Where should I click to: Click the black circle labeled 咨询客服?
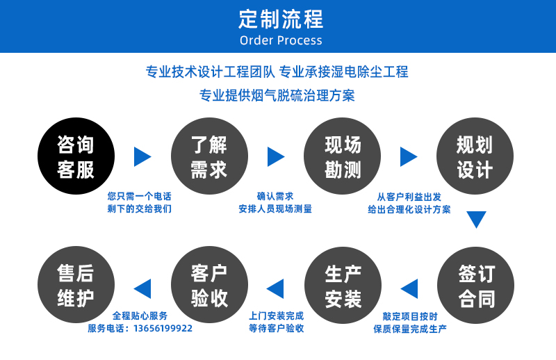tap(76, 156)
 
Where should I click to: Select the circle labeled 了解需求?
tap(209, 156)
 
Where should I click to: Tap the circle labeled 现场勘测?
tap(342, 156)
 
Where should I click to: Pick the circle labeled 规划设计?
tap(475, 156)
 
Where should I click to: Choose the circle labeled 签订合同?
tap(475, 285)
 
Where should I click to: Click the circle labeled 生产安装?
tap(343, 285)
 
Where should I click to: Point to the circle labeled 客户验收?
tap(209, 285)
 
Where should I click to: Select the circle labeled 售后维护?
tap(76, 285)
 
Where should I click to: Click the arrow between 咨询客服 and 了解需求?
tap(142, 157)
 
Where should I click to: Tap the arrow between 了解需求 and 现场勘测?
tap(276, 157)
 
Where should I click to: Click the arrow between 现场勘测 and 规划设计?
tap(409, 157)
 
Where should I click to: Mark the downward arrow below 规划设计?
tap(476, 220)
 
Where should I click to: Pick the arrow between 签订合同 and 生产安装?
tap(409, 288)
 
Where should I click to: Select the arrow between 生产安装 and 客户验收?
tap(275, 288)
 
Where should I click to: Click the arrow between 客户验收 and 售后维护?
tap(142, 288)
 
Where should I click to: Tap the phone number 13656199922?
tap(163, 329)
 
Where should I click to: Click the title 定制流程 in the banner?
tap(281, 19)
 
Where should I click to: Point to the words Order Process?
tap(281, 40)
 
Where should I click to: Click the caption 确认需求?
tap(275, 196)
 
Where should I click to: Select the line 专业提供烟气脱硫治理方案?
tap(277, 95)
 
